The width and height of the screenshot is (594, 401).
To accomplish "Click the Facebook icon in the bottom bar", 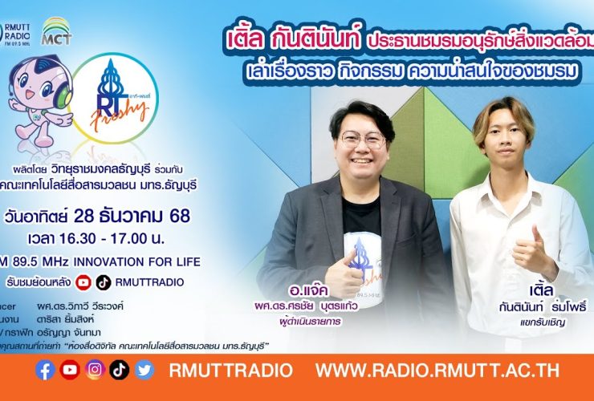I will (46, 370).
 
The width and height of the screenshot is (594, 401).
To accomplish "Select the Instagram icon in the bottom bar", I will (96, 370).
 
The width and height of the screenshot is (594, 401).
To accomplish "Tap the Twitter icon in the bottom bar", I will (144, 370).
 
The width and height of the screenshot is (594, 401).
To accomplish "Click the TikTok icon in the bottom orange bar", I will (120, 370).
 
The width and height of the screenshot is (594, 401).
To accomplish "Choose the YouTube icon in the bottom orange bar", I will (70, 370).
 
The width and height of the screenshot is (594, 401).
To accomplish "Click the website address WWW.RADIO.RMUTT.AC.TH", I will (437, 371).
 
